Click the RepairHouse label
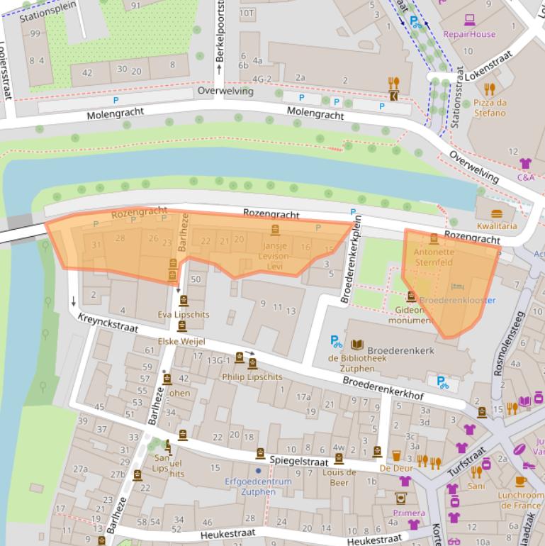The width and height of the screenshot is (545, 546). click(x=469, y=34)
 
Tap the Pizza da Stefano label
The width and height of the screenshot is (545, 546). click(x=490, y=107)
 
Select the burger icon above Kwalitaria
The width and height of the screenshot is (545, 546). click(x=496, y=213)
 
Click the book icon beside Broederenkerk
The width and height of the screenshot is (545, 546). click(x=357, y=345)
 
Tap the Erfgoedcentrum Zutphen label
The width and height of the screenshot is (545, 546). click(x=258, y=486)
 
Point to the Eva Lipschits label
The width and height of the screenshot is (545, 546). click(x=184, y=314)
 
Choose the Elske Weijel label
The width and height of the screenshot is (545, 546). click(x=181, y=341)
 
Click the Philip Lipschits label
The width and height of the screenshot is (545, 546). click(x=252, y=377)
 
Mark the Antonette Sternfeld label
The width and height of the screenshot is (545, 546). click(x=433, y=257)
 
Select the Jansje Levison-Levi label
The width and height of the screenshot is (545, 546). click(x=275, y=255)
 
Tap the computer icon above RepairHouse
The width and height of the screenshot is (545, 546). click(x=469, y=20)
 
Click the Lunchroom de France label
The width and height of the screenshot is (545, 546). click(x=520, y=500)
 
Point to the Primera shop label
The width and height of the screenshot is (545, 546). click(x=409, y=513)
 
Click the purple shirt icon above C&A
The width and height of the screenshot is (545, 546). click(x=525, y=164)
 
